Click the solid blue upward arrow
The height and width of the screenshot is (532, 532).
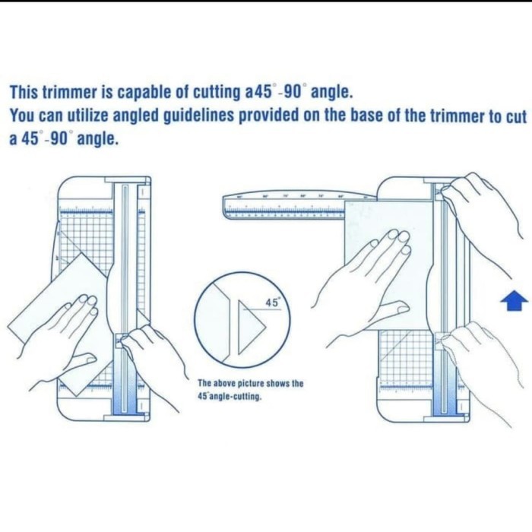[x=515, y=302]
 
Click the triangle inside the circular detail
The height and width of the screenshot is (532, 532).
[x=250, y=328]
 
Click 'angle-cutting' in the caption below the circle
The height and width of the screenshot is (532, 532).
[x=237, y=396]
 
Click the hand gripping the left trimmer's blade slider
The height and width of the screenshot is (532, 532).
[x=152, y=353]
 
